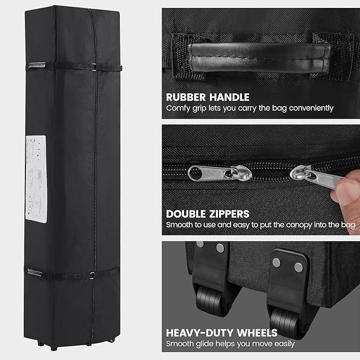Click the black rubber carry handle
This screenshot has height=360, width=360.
(x=259, y=57)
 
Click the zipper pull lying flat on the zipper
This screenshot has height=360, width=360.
(x=219, y=173)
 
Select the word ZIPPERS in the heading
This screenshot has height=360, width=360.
(x=229, y=214)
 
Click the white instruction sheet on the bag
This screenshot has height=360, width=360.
(x=36, y=179)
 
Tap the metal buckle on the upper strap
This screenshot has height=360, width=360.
(x=94, y=67)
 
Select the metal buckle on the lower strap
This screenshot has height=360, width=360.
(x=92, y=276)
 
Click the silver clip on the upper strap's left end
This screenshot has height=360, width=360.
(x=37, y=65)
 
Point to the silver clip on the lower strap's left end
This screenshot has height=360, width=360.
(x=34, y=273)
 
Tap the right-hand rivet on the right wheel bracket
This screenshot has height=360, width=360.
(x=298, y=268)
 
